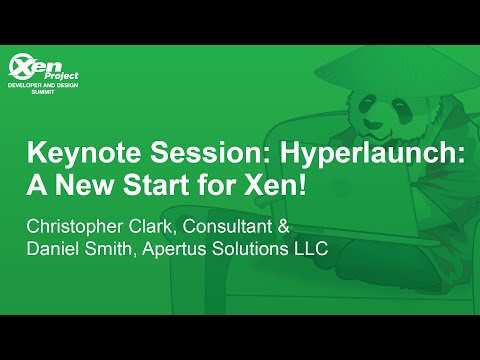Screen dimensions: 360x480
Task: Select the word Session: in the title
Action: click(x=184, y=156)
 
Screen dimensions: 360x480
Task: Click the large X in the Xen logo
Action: click(x=20, y=68)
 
